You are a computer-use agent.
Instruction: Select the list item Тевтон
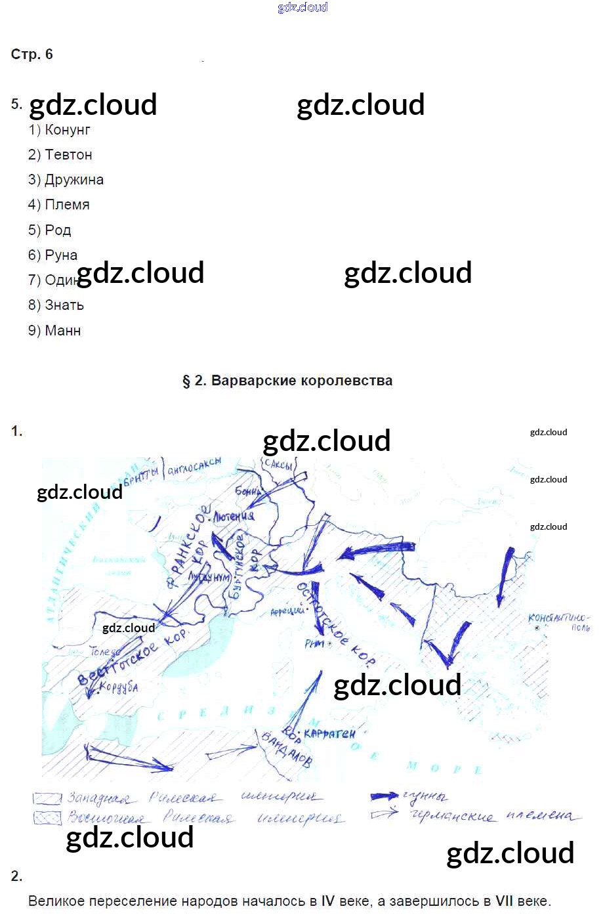[68, 155]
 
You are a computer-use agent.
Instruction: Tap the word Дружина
[73, 180]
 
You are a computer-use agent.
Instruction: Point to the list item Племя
[67, 205]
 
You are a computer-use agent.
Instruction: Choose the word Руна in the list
[61, 255]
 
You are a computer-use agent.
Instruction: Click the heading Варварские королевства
[302, 381]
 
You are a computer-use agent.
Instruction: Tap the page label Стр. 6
[31, 54]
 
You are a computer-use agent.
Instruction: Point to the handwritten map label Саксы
[278, 465]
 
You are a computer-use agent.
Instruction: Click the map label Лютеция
[234, 516]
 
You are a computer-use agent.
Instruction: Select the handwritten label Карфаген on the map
[329, 733]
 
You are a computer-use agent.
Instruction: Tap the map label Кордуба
[118, 687]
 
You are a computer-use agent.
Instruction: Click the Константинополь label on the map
[559, 621]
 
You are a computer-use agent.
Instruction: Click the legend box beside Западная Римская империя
[47, 799]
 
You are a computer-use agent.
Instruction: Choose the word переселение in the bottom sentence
[136, 901]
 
